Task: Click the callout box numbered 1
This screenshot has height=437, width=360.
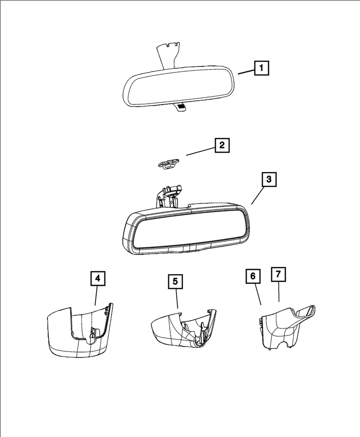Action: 261,69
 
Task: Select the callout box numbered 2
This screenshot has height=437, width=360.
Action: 222,146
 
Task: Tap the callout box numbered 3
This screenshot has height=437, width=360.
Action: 269,180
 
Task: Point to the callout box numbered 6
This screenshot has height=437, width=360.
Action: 254,276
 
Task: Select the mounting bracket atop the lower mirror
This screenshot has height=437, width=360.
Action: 168,196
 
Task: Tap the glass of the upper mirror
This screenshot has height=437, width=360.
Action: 180,86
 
